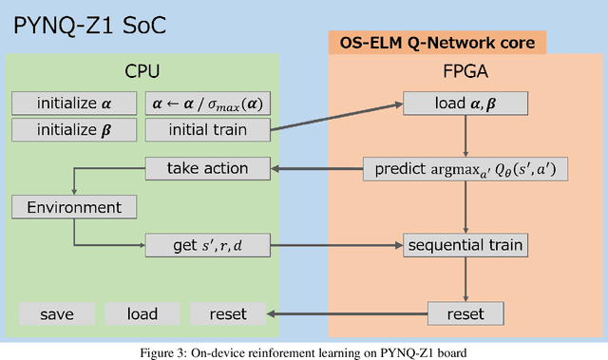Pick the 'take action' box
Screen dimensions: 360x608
pos(206,168)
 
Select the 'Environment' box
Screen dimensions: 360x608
pos(73,206)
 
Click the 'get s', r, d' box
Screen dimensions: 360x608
pos(206,245)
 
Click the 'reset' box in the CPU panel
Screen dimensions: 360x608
pos(227,313)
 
